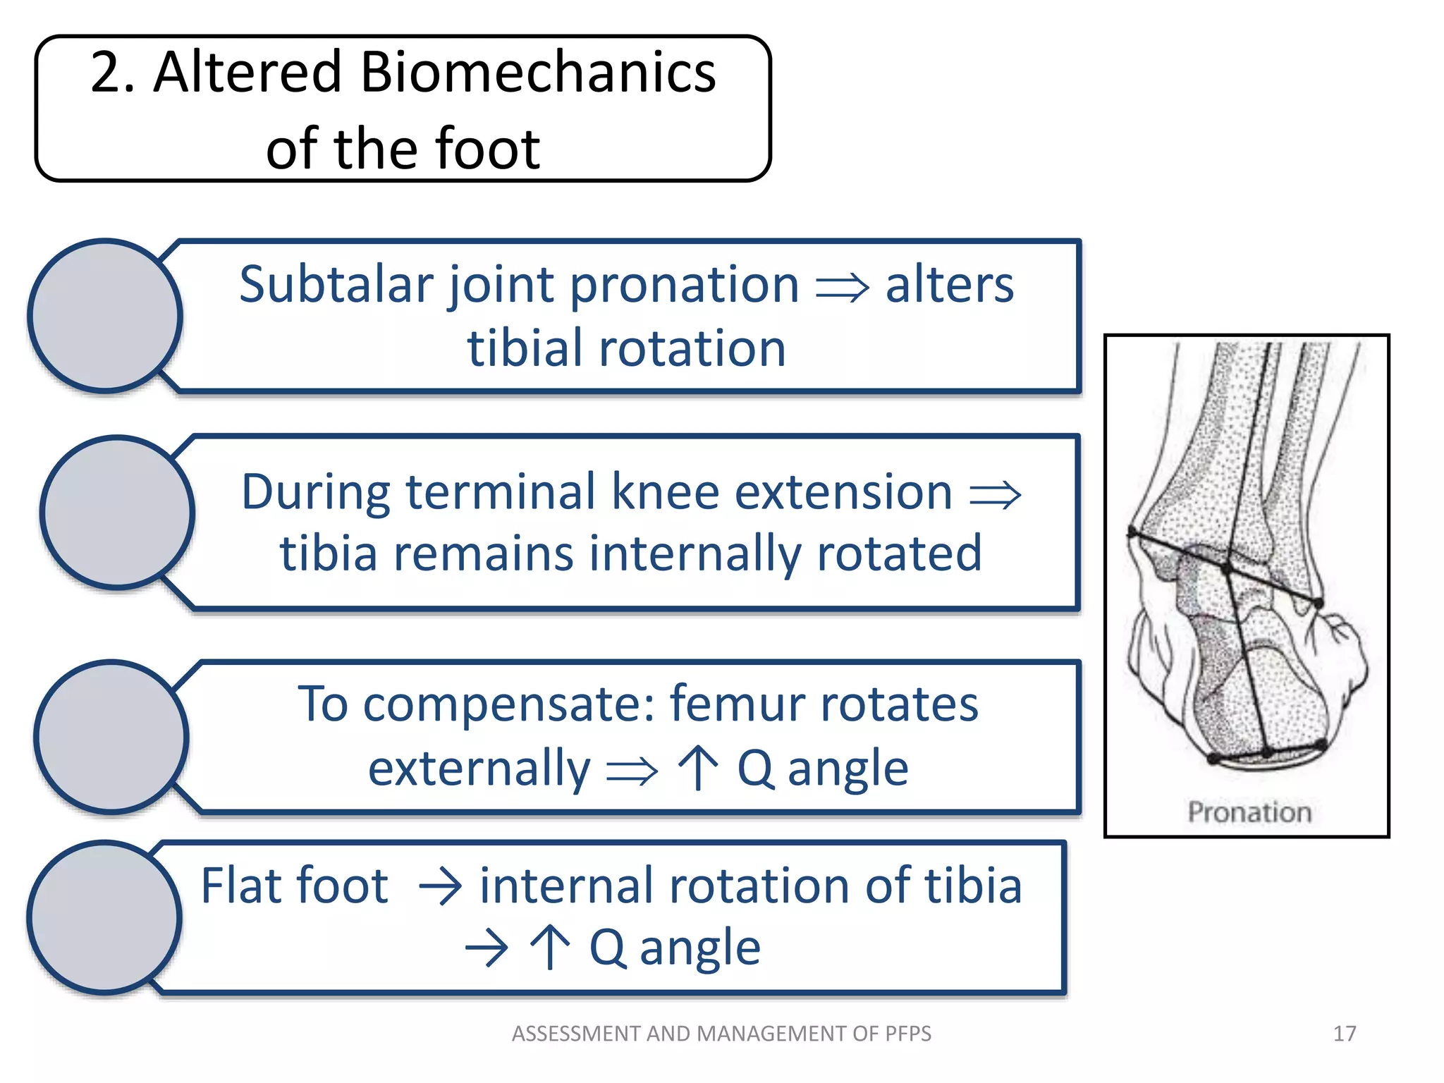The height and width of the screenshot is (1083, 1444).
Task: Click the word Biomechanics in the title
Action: point(538,73)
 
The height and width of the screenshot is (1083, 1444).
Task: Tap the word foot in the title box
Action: point(488,149)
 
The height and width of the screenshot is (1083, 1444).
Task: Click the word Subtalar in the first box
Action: point(336,285)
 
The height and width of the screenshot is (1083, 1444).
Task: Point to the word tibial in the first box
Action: point(526,349)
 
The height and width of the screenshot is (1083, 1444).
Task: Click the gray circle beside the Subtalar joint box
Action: point(106,316)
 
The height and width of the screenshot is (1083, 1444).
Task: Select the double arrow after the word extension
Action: point(995,495)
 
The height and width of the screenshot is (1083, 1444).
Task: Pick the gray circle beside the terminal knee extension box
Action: point(118,513)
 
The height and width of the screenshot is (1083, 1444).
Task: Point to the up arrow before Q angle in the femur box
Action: point(697,768)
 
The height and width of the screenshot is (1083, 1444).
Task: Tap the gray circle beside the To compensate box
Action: point(111,737)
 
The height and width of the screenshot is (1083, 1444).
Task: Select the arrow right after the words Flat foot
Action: point(440,888)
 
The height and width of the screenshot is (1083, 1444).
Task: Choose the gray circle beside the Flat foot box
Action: point(105,917)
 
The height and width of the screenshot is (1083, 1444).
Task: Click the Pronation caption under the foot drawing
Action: point(1249,812)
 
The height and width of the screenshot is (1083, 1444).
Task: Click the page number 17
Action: point(1344,1034)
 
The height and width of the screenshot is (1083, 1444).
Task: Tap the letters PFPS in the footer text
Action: point(907,1034)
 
